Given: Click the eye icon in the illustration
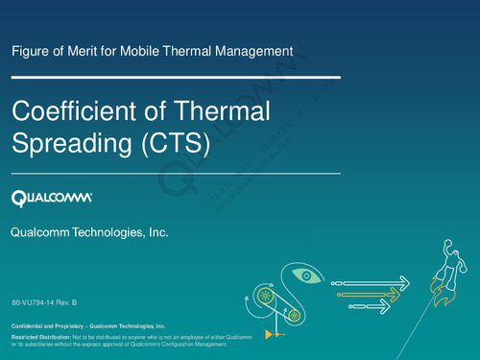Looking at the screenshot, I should (306, 276).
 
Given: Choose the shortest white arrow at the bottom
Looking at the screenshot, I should (370, 306).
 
